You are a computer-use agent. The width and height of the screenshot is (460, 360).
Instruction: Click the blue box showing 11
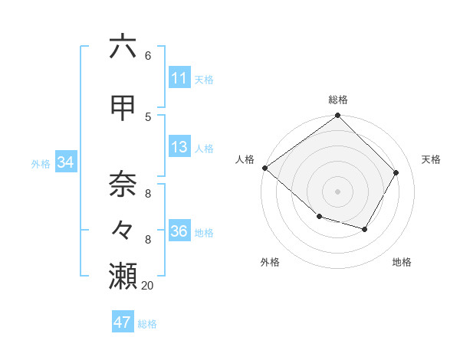(x=179, y=78)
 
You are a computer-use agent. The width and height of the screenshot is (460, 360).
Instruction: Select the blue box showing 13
(x=179, y=148)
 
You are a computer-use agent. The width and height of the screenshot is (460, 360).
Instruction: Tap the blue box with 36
(x=179, y=232)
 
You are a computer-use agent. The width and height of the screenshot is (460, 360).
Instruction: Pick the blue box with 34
(x=65, y=162)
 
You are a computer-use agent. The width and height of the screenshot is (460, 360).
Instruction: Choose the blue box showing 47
(x=123, y=322)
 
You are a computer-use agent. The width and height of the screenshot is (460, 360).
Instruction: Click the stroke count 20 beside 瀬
(x=149, y=286)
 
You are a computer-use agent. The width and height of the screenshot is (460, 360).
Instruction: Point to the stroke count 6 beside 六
(x=148, y=56)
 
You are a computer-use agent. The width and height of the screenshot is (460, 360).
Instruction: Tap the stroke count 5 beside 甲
(x=148, y=117)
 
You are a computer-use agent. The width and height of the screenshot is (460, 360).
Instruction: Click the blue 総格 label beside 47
(x=147, y=324)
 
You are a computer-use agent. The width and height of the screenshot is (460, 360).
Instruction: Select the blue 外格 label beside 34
(x=41, y=163)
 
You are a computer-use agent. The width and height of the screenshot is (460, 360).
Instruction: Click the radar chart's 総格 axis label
(x=338, y=100)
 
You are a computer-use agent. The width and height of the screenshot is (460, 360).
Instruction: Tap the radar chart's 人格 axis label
(x=245, y=159)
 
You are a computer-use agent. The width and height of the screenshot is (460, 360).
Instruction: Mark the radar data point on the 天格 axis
(x=396, y=172)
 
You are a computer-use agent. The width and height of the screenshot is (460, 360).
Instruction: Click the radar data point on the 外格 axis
(x=319, y=217)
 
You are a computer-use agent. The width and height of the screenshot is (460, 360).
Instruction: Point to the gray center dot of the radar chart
(x=338, y=191)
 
